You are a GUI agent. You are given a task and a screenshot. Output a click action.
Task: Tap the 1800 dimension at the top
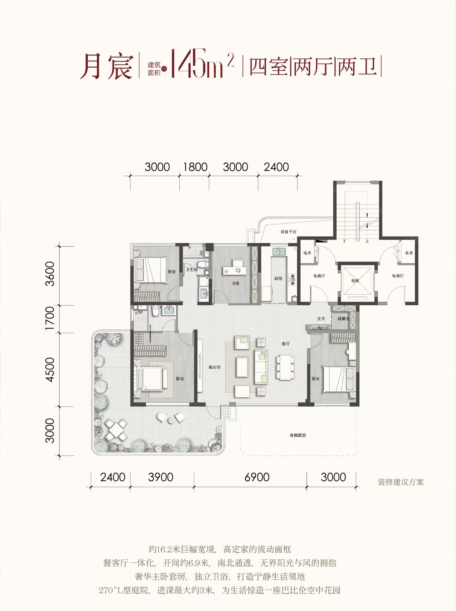(x=195, y=167)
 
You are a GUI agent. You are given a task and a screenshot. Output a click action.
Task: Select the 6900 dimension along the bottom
(x=257, y=477)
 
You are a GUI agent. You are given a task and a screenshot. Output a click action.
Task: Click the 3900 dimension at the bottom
(x=160, y=477)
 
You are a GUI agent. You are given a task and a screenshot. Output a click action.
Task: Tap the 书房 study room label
(x=236, y=284)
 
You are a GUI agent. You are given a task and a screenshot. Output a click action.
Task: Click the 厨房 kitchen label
(x=278, y=279)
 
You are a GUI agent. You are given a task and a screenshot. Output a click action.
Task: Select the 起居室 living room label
(x=215, y=367)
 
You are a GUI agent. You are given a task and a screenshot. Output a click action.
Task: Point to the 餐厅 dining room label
(x=286, y=344)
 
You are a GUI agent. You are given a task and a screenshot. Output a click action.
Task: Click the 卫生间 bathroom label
(x=191, y=270)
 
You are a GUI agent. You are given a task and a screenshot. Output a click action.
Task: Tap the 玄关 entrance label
(x=321, y=319)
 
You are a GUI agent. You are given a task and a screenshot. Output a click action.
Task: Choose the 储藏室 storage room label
(x=343, y=319)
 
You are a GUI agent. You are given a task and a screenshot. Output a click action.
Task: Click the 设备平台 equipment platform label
(x=288, y=232)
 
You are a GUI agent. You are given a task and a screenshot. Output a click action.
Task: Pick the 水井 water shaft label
(x=409, y=253)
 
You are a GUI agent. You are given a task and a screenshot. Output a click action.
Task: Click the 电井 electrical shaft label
(x=307, y=253)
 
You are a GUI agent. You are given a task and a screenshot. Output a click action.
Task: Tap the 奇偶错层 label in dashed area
(x=298, y=435)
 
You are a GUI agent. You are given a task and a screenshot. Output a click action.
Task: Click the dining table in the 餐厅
(x=285, y=367)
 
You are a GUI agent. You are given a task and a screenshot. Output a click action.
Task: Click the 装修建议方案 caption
(x=401, y=482)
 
